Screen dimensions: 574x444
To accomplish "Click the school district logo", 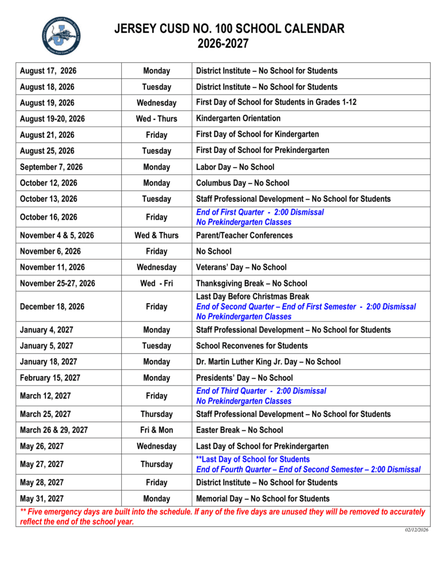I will (x=61, y=36).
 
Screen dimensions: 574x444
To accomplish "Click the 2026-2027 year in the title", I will (x=229, y=43).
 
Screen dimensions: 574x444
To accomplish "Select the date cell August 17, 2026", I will (x=48, y=71).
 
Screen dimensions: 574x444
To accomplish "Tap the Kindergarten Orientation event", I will (x=238, y=119).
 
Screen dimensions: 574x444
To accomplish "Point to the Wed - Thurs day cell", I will (x=156, y=119).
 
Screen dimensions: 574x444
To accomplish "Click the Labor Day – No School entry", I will (x=235, y=167).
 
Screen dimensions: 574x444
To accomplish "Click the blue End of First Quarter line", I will (x=259, y=212).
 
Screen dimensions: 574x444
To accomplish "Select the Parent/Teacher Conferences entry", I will (x=244, y=235).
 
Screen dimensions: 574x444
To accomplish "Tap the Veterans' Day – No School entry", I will (x=241, y=267).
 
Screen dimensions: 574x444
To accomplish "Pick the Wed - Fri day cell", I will (x=156, y=284).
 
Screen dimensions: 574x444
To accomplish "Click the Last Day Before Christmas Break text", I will (x=252, y=297).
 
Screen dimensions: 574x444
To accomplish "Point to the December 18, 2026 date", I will (x=52, y=307).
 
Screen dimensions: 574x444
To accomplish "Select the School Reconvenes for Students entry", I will (x=251, y=346).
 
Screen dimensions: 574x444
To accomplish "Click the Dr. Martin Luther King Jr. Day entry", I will (x=268, y=362).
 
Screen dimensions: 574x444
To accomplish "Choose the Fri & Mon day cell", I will (x=156, y=430).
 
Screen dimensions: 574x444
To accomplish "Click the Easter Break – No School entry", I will (x=239, y=430).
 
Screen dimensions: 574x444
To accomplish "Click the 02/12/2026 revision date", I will (x=416, y=530).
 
